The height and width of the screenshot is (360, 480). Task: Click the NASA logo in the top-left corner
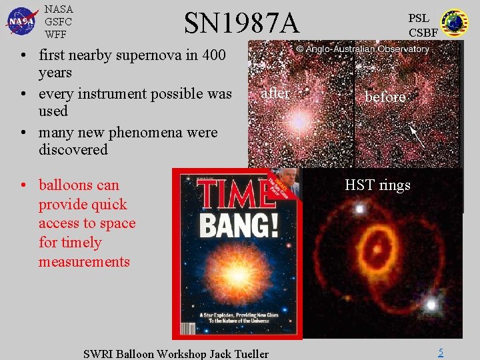point(22,20)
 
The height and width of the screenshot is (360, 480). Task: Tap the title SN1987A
point(241,23)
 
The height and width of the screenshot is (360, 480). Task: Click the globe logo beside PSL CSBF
point(455,22)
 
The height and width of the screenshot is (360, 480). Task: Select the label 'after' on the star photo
point(275,93)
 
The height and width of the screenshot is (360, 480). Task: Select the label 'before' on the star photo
point(385,97)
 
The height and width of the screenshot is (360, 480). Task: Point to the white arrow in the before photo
point(416,136)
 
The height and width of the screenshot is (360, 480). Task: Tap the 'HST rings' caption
point(377,185)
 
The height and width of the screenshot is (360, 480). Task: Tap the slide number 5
point(441,352)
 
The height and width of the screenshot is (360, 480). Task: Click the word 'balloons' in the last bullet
point(66,185)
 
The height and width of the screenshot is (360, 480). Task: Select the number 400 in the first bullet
point(213,55)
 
